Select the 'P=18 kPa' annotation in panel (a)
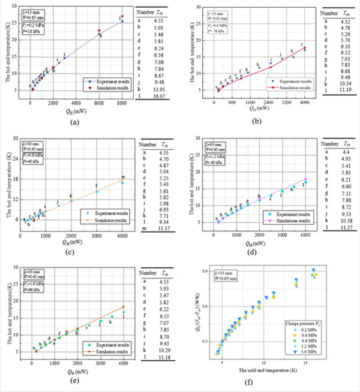coord(41,36)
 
